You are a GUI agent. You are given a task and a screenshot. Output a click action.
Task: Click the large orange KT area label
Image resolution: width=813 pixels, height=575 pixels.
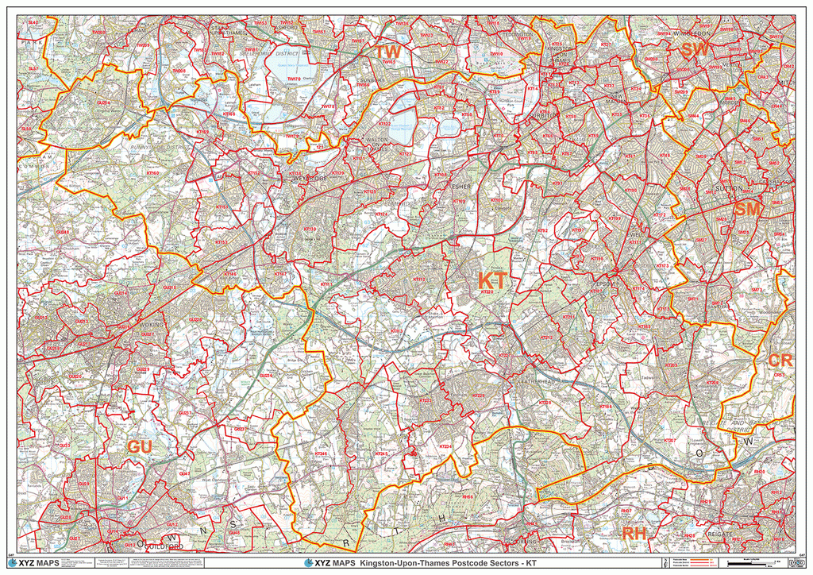[491, 280]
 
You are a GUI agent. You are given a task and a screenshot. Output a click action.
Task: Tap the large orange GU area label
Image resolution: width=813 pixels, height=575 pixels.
[140, 447]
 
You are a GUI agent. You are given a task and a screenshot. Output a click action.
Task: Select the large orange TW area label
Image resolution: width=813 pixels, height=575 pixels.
[388, 52]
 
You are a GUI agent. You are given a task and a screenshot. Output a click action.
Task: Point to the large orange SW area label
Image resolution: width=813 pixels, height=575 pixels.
[695, 49]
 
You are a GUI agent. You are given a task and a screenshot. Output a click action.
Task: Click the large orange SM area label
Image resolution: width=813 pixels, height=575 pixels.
[748, 209]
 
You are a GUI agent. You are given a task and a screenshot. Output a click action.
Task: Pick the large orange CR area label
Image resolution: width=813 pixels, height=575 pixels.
[780, 360]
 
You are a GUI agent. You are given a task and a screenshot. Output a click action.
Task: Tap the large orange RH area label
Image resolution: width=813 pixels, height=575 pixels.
[634, 534]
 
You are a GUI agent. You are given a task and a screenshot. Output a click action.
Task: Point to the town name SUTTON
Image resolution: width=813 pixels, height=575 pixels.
[728, 189]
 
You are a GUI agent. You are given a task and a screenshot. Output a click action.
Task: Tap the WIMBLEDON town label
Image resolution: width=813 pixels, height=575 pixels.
[689, 35]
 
